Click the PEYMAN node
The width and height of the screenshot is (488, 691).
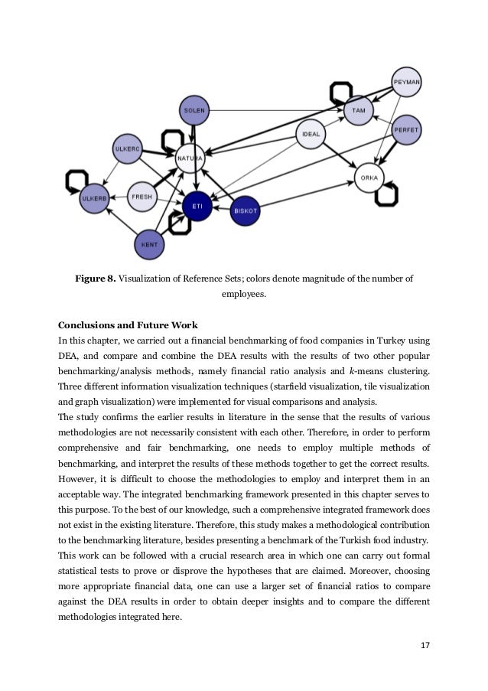click(x=406, y=81)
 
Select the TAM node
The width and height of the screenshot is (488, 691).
click(x=358, y=110)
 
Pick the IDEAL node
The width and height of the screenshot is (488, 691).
click(x=311, y=134)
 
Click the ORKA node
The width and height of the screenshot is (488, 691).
click(x=369, y=178)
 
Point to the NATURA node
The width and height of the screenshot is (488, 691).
click(x=190, y=158)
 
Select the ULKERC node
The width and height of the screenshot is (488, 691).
click(x=126, y=149)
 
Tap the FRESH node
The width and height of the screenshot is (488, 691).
click(x=142, y=197)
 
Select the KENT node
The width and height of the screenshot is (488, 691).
click(x=150, y=245)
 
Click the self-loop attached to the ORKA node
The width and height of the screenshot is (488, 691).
click(x=387, y=193)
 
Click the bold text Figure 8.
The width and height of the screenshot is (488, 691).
click(x=96, y=279)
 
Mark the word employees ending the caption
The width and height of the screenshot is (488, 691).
click(x=243, y=294)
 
